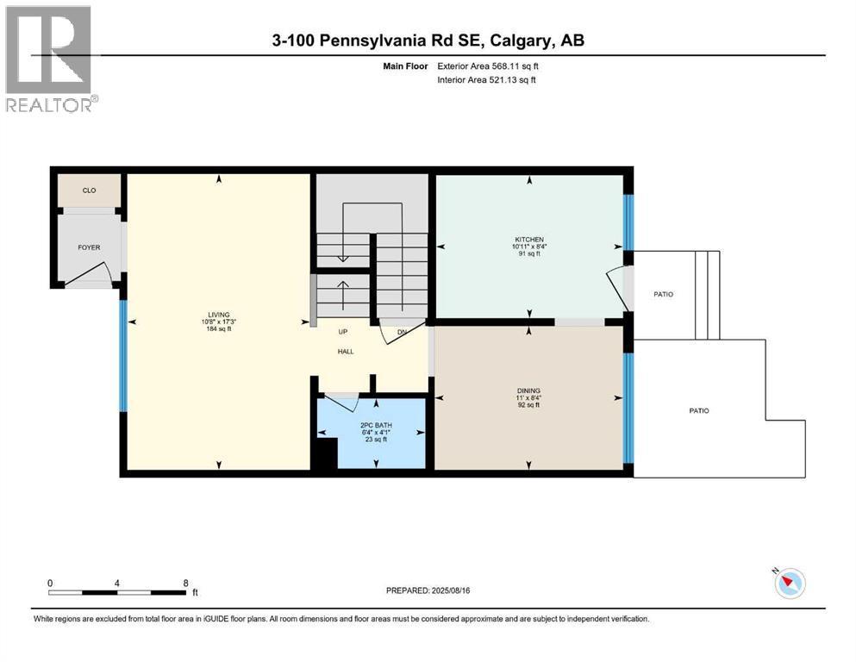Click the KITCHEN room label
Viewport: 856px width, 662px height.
[529, 240]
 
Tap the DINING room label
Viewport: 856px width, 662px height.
[528, 390]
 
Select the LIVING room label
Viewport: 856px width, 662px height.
[218, 315]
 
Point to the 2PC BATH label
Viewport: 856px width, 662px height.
[376, 425]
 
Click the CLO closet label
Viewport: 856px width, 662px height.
[89, 190]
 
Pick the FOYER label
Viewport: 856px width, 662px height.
[89, 247]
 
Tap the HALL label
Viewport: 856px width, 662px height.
[346, 352]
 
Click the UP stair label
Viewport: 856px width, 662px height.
[343, 332]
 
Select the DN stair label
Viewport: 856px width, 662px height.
[402, 333]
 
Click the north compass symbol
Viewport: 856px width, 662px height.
[790, 583]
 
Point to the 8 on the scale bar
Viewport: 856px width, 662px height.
[185, 583]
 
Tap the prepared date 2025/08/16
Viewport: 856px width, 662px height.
[450, 590]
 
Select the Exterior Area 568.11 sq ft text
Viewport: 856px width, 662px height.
[488, 66]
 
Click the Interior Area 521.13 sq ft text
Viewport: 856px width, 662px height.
[486, 79]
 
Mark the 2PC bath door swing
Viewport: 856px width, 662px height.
[342, 403]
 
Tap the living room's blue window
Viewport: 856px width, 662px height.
[123, 355]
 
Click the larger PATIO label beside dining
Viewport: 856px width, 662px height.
[699, 410]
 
